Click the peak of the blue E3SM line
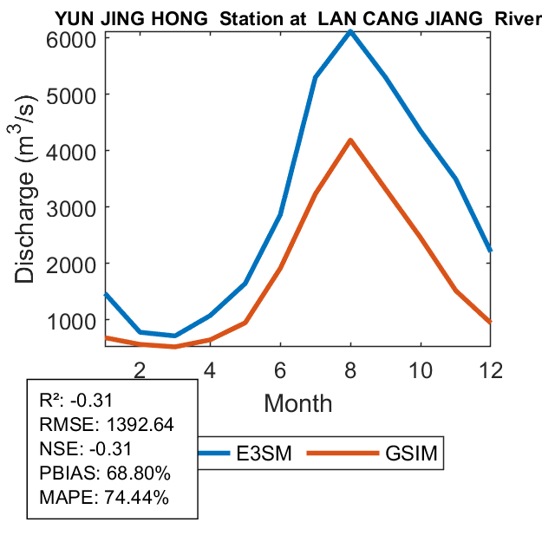point(349,32)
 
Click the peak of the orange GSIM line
point(349,140)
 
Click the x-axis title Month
point(297,402)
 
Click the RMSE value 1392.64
point(139,425)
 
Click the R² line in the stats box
point(78,401)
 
